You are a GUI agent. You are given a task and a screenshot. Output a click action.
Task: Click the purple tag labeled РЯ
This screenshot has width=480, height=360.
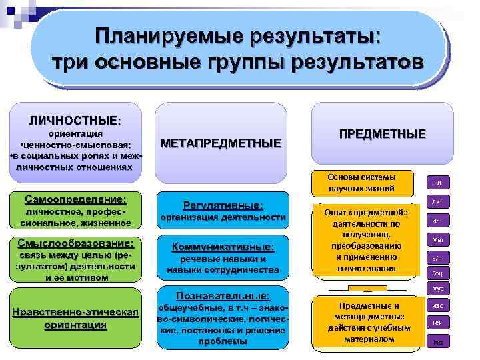(439, 183)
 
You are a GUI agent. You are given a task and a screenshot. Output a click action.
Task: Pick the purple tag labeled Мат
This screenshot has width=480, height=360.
(439, 239)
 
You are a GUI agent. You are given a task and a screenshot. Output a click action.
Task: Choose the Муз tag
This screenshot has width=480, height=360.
(439, 289)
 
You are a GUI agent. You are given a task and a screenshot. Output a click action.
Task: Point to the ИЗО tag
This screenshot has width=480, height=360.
(439, 305)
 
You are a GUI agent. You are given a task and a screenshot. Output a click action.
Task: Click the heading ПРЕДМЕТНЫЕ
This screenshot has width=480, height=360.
(382, 134)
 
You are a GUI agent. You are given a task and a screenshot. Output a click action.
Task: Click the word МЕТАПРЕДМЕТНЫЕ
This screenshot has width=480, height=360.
(221, 143)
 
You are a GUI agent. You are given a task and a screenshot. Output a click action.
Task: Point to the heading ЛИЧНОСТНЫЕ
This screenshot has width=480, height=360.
(73, 121)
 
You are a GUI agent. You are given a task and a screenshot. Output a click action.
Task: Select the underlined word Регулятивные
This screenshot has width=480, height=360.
(223, 205)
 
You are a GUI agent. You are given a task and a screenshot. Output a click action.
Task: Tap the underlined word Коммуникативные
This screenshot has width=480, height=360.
(223, 246)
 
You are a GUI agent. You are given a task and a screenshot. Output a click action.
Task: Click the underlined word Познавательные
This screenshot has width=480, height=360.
(223, 295)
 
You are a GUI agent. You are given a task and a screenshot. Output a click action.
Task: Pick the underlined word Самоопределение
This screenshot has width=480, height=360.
(75, 199)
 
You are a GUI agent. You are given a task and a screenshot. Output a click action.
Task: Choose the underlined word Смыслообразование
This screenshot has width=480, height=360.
(75, 243)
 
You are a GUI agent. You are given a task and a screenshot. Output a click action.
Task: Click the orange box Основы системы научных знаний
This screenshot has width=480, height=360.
(362, 183)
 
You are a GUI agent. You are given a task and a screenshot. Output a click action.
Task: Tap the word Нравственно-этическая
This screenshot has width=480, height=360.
(75, 312)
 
